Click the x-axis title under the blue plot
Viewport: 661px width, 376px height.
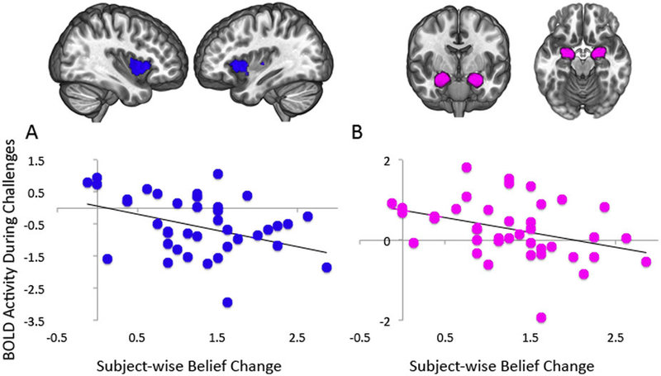[x=180, y=364]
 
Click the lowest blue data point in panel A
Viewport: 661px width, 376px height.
[x=226, y=302]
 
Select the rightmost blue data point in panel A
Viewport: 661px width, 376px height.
[x=327, y=267]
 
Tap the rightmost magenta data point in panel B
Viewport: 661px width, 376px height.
[x=645, y=262]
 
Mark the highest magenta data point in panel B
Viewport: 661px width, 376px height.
[x=466, y=168]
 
